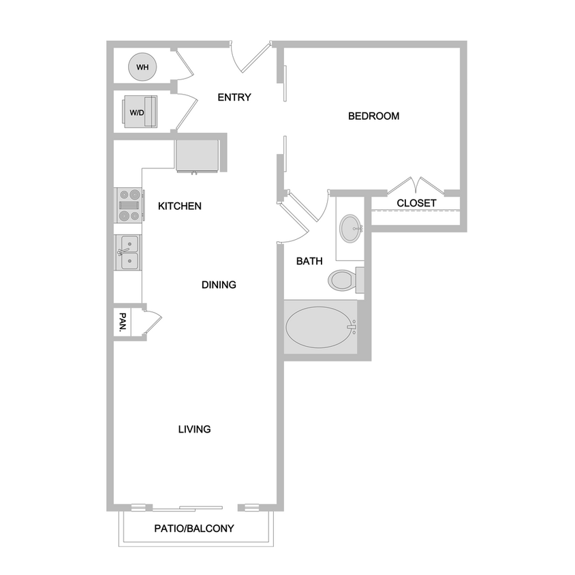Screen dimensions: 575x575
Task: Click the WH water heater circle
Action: point(142,67)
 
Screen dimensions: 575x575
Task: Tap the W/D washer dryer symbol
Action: point(139,112)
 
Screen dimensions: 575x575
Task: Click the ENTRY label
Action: point(234,97)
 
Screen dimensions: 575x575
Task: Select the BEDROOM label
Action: point(373,116)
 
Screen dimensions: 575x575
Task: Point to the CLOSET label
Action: point(416,203)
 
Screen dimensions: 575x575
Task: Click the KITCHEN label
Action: point(180,206)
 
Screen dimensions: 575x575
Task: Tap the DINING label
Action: point(219,285)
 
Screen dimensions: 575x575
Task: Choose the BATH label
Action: point(309,261)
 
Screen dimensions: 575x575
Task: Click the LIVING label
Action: point(194,429)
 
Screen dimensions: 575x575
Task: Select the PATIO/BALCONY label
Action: point(194,528)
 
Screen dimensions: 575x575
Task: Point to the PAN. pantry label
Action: point(123,320)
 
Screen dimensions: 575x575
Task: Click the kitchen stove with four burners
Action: point(129,205)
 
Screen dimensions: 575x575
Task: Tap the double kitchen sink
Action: point(127,253)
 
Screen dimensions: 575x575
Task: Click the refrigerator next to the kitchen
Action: point(197,155)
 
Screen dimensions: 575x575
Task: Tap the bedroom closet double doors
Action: point(416,185)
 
